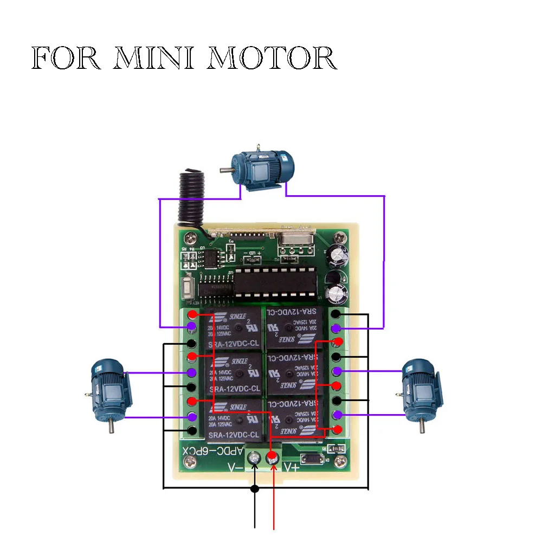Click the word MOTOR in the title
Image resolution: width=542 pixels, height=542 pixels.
(x=272, y=59)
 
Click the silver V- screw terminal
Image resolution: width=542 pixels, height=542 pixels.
(x=254, y=460)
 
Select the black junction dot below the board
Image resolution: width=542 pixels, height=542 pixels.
(x=255, y=489)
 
